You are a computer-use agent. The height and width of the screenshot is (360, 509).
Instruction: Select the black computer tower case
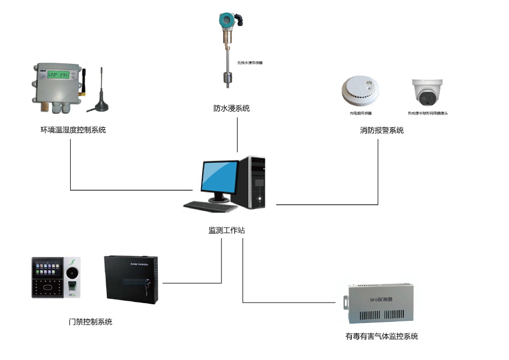pyautogui.click(x=256, y=183)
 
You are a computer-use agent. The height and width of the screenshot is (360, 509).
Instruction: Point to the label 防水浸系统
pyautogui.click(x=232, y=108)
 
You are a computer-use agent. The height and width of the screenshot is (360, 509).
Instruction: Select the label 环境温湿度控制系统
pyautogui.click(x=73, y=129)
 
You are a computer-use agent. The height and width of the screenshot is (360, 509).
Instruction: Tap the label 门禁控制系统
pyautogui.click(x=91, y=322)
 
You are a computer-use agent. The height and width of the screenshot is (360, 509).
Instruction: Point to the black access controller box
pyautogui.click(x=131, y=278)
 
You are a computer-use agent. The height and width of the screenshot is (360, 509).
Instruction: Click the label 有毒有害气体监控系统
pyautogui.click(x=381, y=337)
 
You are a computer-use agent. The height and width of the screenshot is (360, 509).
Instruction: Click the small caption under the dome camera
pyautogui.click(x=427, y=114)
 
